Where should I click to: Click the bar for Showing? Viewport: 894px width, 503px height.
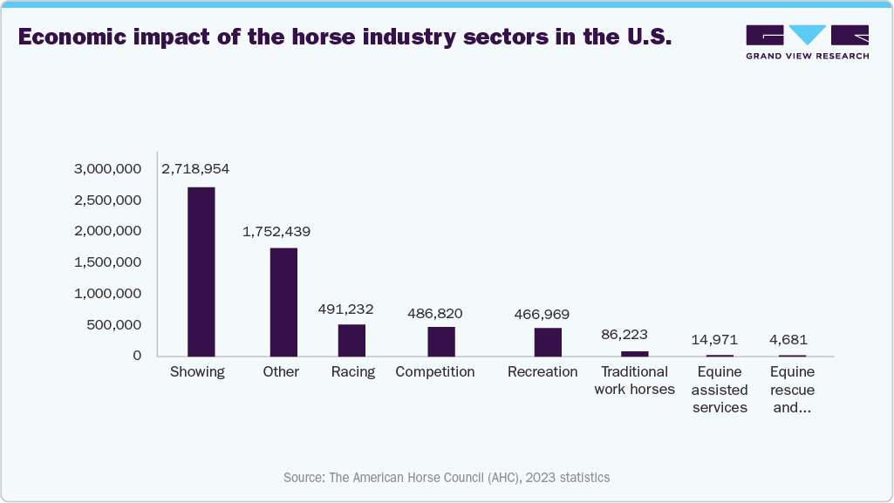click(x=201, y=271)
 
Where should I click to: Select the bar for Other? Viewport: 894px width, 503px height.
click(x=283, y=302)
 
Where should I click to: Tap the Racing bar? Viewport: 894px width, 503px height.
click(x=351, y=340)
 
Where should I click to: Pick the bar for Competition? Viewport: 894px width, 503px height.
click(x=440, y=341)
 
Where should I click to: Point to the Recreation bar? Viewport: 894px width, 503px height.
click(x=548, y=342)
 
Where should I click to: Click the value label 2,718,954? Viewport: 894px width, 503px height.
click(x=195, y=168)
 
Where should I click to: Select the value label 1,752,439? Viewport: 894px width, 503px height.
click(x=276, y=232)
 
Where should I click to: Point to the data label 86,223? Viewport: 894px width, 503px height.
click(x=624, y=334)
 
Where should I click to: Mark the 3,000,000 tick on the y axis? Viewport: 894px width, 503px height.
click(x=107, y=168)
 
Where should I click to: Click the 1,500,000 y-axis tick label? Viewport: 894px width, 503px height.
click(x=107, y=262)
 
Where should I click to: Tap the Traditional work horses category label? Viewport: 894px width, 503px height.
click(x=634, y=381)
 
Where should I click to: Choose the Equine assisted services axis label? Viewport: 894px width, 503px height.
click(x=720, y=390)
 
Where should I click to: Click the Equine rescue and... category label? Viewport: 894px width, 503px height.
click(x=792, y=390)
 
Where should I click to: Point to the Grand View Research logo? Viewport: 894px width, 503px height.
click(x=807, y=42)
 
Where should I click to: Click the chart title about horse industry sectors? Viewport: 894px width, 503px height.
click(x=344, y=37)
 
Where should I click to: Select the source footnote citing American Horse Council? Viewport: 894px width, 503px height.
click(x=447, y=478)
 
